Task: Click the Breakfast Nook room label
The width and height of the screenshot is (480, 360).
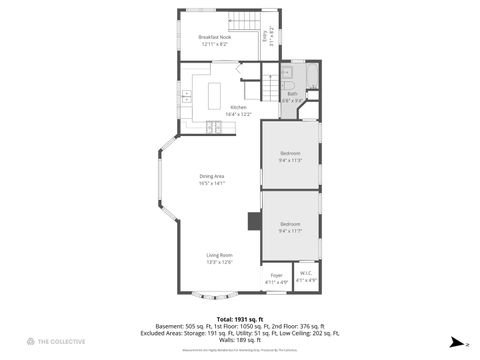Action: tap(215, 37)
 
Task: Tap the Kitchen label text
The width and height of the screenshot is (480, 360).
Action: tap(238, 107)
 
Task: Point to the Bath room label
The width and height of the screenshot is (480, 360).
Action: tap(292, 94)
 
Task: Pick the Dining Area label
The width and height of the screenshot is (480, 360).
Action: tap(212, 177)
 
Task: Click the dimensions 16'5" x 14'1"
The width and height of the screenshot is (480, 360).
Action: tap(212, 184)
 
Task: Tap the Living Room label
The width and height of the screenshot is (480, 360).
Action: tap(220, 255)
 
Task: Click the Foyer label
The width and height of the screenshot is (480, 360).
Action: tap(276, 275)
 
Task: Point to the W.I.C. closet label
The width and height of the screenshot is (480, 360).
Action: tap(306, 275)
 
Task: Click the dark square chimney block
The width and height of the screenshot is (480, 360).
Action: tap(254, 222)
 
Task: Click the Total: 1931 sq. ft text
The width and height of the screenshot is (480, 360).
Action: tap(239, 319)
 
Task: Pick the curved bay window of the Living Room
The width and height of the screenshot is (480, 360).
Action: tap(215, 296)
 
